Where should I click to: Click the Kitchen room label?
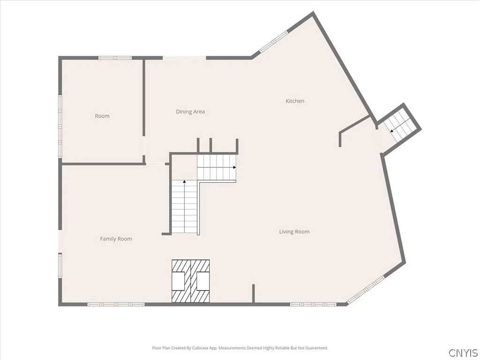[295, 101]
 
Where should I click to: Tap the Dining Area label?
[190, 112]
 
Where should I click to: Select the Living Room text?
[294, 232]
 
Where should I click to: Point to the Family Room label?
[116, 239]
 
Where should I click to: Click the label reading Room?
[102, 116]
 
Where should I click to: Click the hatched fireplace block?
[190, 281]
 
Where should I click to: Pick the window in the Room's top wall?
[115, 58]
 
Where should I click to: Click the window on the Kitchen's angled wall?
[274, 41]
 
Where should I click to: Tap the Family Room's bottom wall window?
[116, 304]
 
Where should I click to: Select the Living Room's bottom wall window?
[313, 304]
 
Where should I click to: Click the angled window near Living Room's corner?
[366, 289]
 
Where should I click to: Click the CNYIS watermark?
[463, 352]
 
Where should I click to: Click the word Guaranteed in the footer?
[317, 348]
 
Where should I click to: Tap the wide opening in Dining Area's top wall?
[184, 58]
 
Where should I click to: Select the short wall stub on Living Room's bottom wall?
[254, 293]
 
